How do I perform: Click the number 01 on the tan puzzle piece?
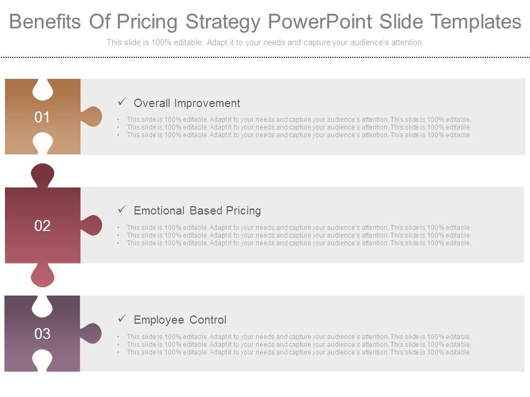(x=43, y=117)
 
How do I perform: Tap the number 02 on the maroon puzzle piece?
(x=43, y=226)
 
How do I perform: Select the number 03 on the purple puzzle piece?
(x=43, y=334)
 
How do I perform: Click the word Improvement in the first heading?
(x=207, y=103)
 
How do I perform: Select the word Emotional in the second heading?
(x=159, y=211)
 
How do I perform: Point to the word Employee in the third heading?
(x=159, y=320)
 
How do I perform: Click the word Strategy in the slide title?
(x=224, y=22)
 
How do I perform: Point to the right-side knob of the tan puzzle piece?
(x=92, y=117)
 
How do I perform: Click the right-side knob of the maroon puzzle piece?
(x=92, y=226)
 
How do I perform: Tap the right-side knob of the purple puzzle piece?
(x=92, y=334)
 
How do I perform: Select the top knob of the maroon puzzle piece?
(x=43, y=175)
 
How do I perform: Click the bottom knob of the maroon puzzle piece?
(x=43, y=275)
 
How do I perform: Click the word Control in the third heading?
(x=208, y=320)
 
